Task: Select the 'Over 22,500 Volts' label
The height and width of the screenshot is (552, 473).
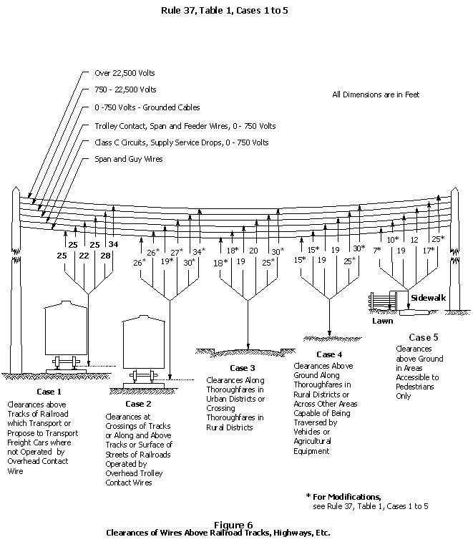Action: click(x=125, y=73)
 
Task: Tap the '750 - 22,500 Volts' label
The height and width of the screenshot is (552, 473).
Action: click(x=125, y=90)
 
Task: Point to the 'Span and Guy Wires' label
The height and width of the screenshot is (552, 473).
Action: click(x=128, y=159)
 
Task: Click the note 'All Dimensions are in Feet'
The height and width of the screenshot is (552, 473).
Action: click(x=376, y=95)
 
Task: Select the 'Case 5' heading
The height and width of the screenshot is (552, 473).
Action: click(x=419, y=337)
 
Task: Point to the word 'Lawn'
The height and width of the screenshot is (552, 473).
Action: click(x=382, y=321)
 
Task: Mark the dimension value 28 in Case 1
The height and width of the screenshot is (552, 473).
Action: click(x=105, y=256)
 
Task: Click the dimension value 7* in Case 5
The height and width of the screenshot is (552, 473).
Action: click(x=377, y=251)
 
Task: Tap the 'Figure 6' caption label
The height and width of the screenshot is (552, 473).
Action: click(x=233, y=525)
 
